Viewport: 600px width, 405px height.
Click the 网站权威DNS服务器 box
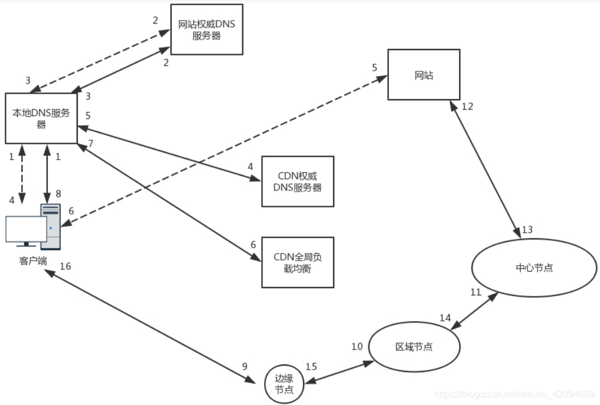pyautogui.click(x=207, y=29)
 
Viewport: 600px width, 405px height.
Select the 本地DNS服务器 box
pyautogui.click(x=41, y=118)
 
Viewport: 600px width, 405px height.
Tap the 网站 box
pyautogui.click(x=423, y=75)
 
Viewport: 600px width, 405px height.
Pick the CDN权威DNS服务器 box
pyautogui.click(x=298, y=182)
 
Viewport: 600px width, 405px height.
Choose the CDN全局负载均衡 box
pyautogui.click(x=298, y=262)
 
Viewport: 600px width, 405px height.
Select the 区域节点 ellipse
pyautogui.click(x=414, y=347)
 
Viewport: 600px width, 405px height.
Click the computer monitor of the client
pyautogui.click(x=26, y=231)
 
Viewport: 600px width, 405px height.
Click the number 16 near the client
pyautogui.click(x=65, y=266)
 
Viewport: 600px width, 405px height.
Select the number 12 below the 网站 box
pyautogui.click(x=467, y=107)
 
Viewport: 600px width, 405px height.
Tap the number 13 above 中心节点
pyautogui.click(x=527, y=229)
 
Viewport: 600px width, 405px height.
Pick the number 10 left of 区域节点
pyautogui.click(x=357, y=346)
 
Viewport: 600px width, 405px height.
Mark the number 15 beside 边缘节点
pyautogui.click(x=311, y=367)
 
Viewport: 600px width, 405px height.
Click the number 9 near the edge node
pyautogui.click(x=245, y=366)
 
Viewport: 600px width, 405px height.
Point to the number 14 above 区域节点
pyautogui.click(x=446, y=318)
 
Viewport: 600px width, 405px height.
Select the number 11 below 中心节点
pyautogui.click(x=476, y=292)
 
